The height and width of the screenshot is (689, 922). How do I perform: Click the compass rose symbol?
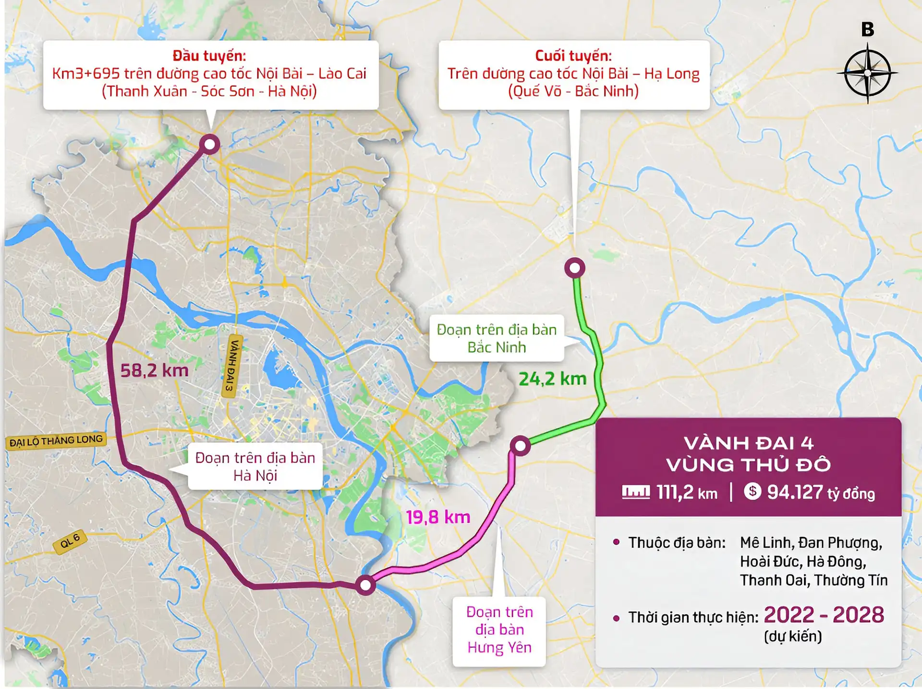[867, 73]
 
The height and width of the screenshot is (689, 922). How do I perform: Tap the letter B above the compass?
[867, 29]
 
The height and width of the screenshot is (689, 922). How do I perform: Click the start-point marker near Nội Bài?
[210, 144]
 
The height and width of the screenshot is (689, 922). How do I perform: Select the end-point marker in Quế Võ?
[574, 268]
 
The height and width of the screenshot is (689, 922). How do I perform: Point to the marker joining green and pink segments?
[520, 445]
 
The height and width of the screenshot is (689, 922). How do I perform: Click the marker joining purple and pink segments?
[365, 585]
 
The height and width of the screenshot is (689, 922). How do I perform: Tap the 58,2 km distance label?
[154, 370]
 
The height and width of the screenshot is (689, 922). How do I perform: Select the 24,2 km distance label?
[552, 379]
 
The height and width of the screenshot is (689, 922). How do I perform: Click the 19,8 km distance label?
[438, 517]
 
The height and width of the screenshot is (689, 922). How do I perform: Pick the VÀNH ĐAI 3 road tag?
[231, 366]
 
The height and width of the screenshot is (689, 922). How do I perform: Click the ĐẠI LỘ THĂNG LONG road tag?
[56, 441]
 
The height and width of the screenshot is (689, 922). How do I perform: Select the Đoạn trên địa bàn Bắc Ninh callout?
[497, 338]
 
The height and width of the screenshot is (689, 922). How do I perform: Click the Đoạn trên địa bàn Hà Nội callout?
[255, 466]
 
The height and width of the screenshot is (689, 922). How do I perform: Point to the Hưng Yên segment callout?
[499, 629]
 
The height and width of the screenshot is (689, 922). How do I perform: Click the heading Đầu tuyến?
[209, 56]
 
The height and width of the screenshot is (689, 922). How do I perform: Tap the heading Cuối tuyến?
[573, 56]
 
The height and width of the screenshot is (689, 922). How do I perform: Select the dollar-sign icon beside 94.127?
[752, 491]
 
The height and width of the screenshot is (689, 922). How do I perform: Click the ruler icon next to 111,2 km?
[636, 492]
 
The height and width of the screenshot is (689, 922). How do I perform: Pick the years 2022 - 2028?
[824, 615]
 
